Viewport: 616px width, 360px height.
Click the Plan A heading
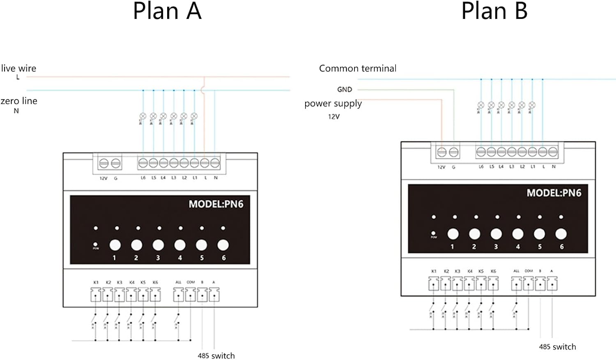coord(167,11)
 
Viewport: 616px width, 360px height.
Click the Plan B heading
coord(494,11)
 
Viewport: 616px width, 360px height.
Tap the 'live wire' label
coord(18,68)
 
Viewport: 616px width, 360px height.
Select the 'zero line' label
coord(19,101)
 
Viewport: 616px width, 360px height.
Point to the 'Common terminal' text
coord(358,68)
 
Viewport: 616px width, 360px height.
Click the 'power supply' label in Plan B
coord(333,104)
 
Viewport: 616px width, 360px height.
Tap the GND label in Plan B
coord(345,89)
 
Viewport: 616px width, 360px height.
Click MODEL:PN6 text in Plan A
coord(216,204)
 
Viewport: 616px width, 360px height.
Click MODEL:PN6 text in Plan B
coord(554,193)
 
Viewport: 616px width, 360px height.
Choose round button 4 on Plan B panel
coord(518,234)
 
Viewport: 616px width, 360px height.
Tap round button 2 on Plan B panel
coord(474,234)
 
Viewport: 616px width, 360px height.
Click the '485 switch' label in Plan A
coord(216,355)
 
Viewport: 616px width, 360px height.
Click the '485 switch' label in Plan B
coord(557,347)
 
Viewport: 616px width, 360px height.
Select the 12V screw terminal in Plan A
coord(104,163)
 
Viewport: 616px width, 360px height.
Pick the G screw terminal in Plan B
coord(454,152)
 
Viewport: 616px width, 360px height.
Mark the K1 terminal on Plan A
coord(96,295)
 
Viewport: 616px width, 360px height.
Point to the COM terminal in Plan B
coord(529,284)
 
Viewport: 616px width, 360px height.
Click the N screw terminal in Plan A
coord(215,163)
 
